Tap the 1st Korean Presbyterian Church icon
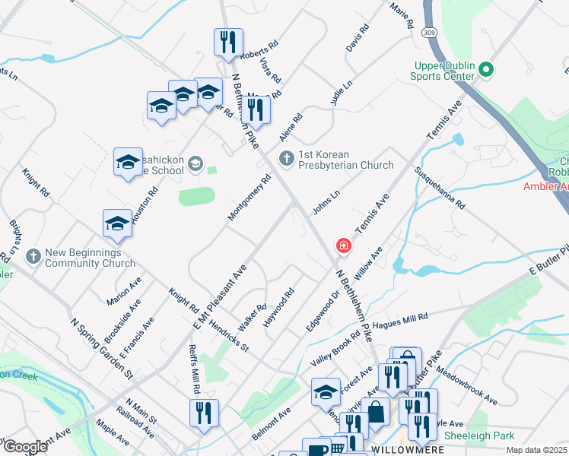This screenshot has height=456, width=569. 286,159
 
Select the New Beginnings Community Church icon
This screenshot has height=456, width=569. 33,257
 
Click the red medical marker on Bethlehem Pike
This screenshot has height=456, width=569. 344,245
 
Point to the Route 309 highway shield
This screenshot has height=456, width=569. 431,33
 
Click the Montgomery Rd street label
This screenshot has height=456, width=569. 250,199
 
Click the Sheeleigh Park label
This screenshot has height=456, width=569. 478,435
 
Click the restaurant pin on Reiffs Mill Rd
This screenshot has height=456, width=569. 204,413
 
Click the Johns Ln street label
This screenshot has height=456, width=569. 325,199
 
